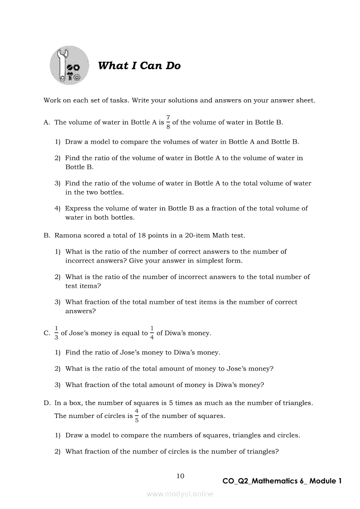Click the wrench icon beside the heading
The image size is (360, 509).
69,66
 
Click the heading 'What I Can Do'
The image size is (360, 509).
139,66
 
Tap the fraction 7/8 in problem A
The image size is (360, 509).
168,122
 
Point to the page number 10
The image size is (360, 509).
180,476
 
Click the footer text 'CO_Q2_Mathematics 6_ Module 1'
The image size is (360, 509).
282,481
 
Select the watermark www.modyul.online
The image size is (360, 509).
180,494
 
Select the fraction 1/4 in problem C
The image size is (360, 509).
152,333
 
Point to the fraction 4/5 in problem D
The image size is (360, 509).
137,416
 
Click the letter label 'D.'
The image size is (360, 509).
47,403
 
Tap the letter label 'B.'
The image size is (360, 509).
47,236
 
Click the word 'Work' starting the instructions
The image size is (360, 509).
51,101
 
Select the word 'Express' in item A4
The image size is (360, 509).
78,209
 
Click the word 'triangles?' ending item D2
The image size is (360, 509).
262,452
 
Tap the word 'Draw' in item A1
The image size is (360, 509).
73,142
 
